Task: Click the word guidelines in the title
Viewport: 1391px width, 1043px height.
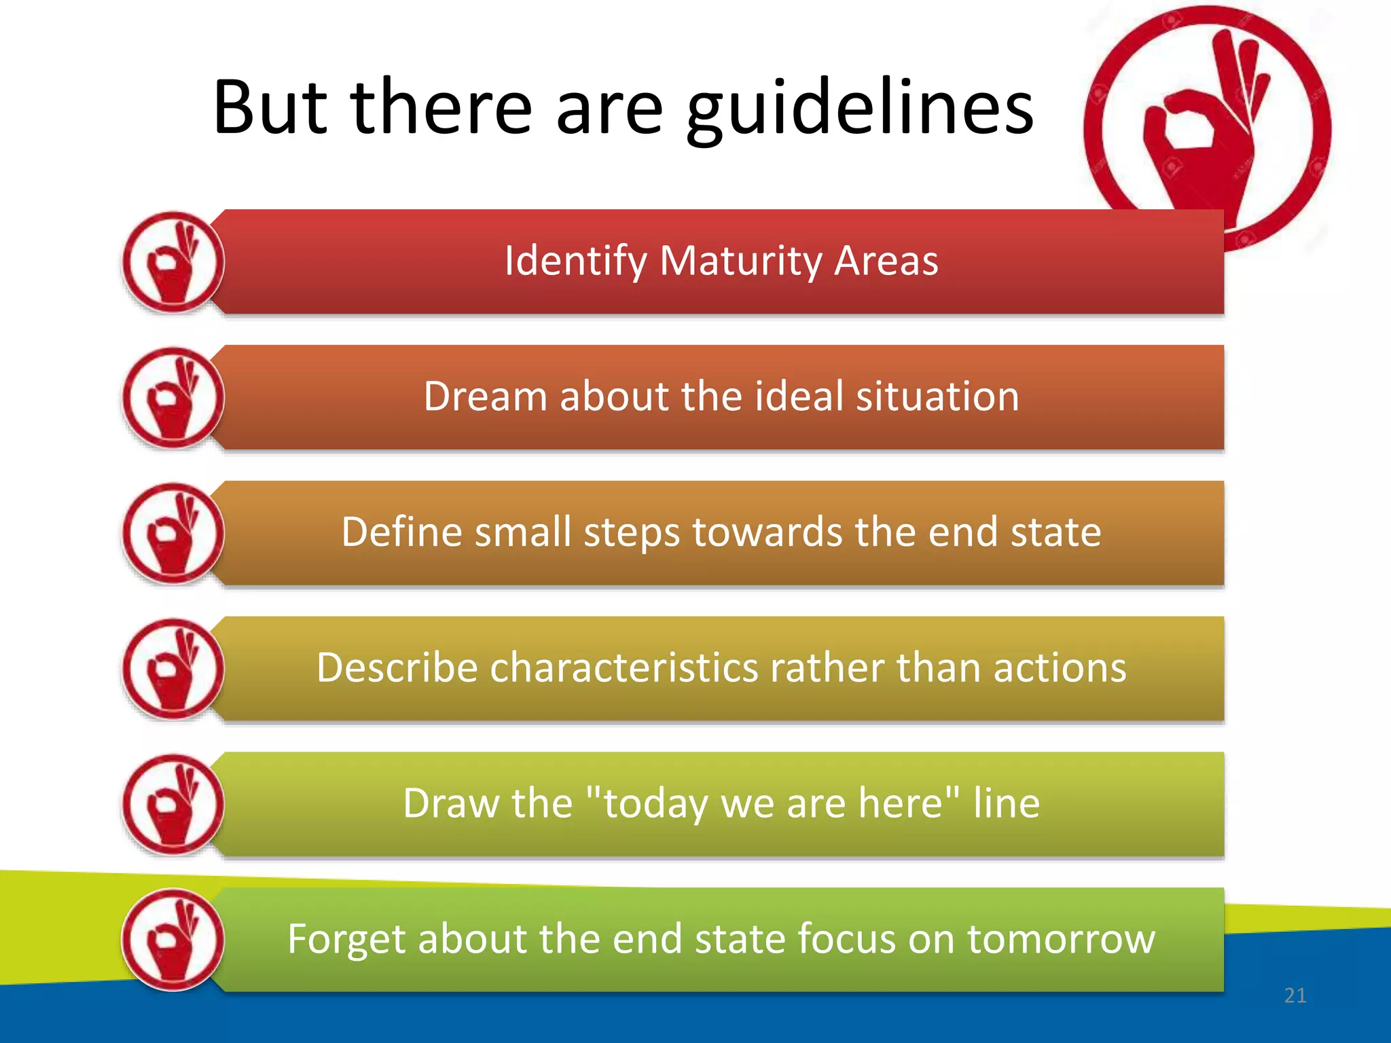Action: coord(860,109)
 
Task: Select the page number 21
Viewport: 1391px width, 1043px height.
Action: coord(1295,995)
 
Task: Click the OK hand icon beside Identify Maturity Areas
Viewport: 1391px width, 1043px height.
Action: coord(173,262)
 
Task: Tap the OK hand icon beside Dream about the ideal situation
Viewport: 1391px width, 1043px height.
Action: coord(173,398)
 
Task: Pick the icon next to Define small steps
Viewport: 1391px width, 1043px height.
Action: coord(173,534)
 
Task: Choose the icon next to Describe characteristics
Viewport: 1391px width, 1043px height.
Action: coord(173,669)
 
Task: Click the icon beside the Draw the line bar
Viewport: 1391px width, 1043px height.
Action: coord(173,805)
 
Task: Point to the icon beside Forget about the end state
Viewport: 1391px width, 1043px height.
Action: coord(173,940)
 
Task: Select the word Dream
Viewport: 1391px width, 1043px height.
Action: coord(485,397)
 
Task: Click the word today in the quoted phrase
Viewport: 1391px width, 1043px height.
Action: coord(655,804)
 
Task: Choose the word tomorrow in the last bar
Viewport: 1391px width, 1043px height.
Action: coord(1061,939)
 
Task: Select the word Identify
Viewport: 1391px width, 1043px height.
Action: coord(575,261)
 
